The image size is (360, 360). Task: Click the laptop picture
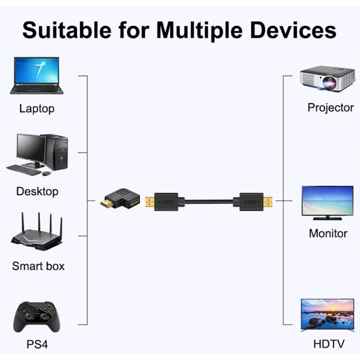click(37, 75)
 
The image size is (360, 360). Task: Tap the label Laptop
click(37, 109)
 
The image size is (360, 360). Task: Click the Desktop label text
click(37, 192)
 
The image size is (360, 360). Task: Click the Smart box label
click(38, 266)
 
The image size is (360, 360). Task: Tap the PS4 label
click(37, 344)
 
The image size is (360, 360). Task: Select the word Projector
click(330, 108)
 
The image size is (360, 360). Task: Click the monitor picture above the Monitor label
click(327, 202)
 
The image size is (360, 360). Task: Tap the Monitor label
click(328, 233)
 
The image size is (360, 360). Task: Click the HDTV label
click(329, 344)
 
